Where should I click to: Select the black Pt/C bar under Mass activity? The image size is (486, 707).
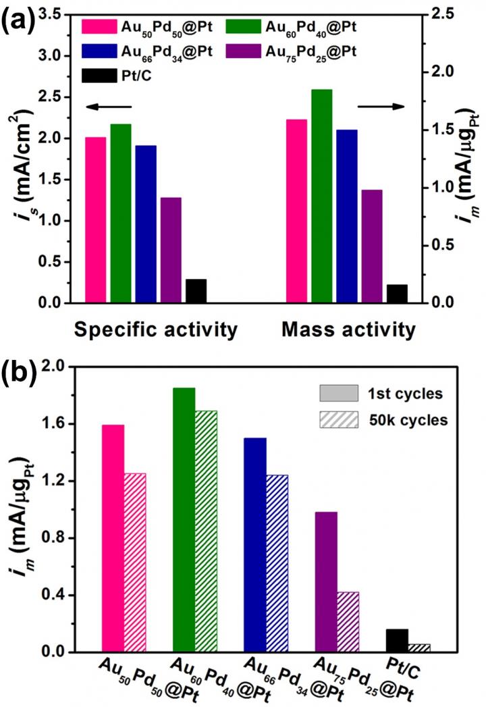(397, 294)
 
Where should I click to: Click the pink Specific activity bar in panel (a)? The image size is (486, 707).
(96, 220)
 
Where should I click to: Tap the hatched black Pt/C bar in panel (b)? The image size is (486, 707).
(419, 648)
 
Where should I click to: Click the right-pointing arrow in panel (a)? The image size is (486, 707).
(381, 106)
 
